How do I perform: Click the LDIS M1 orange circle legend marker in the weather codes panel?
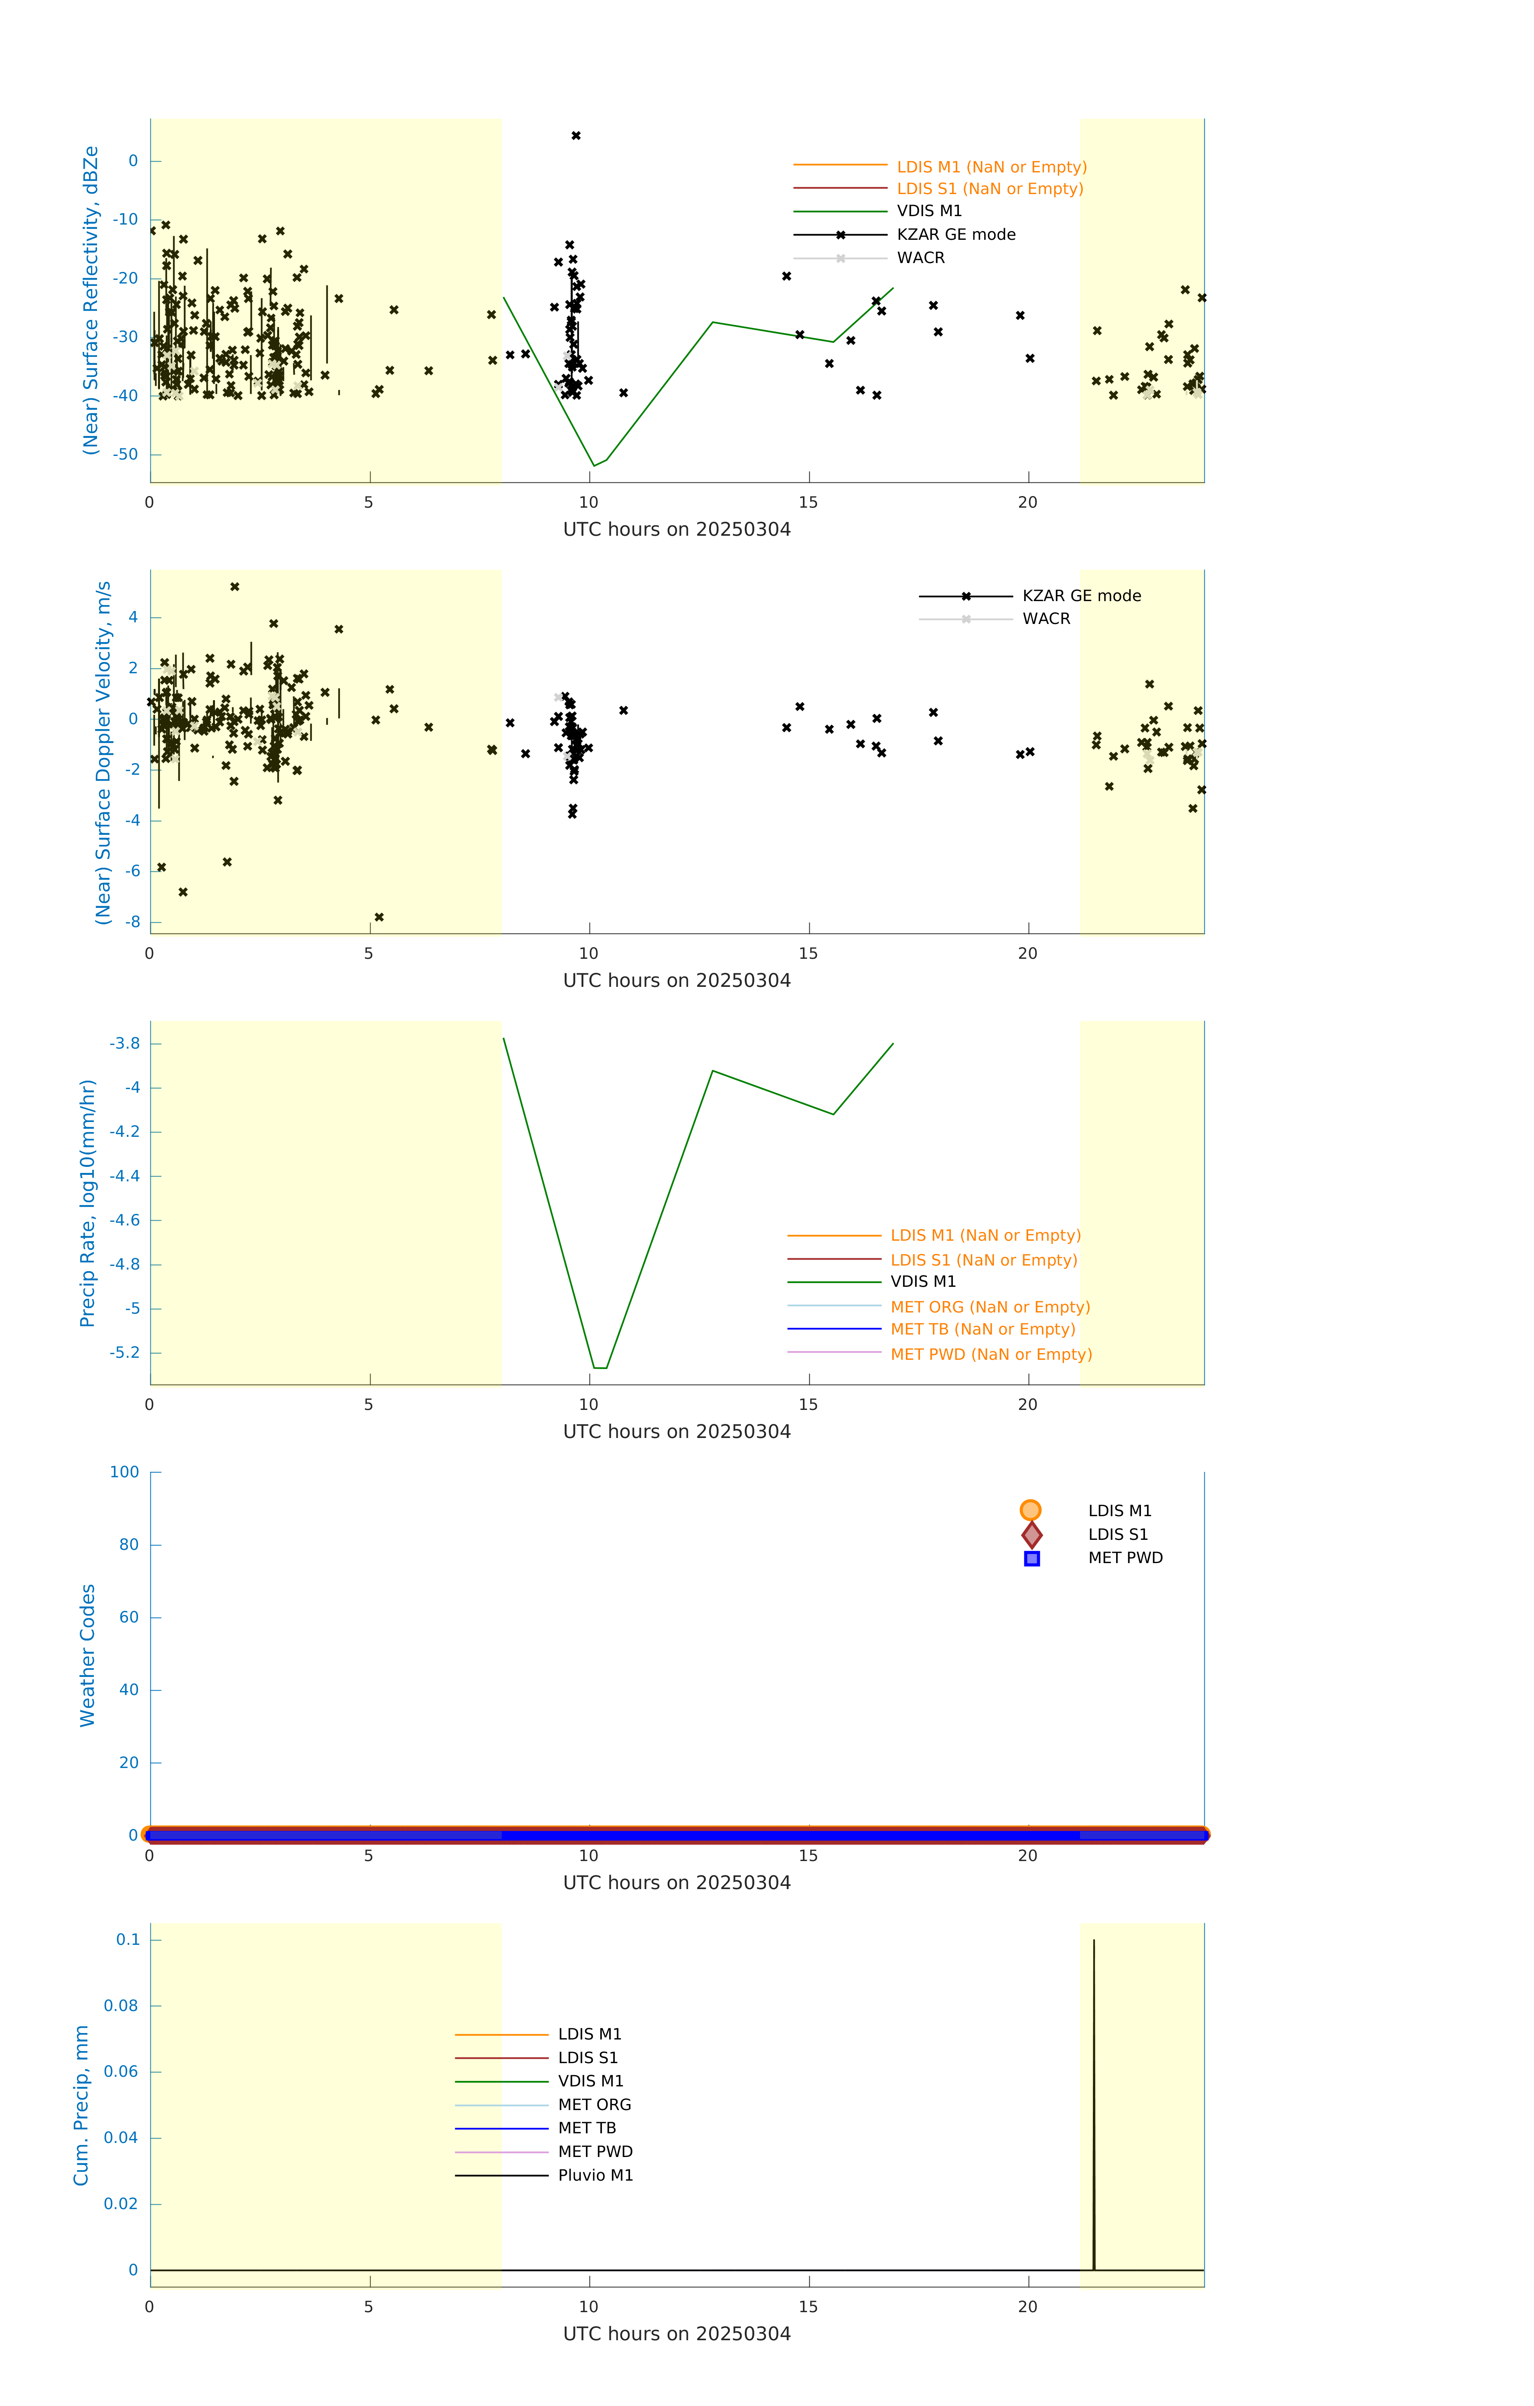tap(1030, 1511)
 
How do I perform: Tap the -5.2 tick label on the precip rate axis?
tap(125, 1353)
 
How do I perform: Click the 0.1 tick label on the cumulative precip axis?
tap(128, 1940)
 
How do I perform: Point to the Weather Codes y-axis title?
tap(88, 1655)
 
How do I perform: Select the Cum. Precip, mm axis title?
tap(82, 2105)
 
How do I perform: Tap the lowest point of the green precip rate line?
tap(600, 1368)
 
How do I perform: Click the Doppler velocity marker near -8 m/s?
tap(379, 917)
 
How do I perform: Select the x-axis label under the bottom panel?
tap(677, 2334)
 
